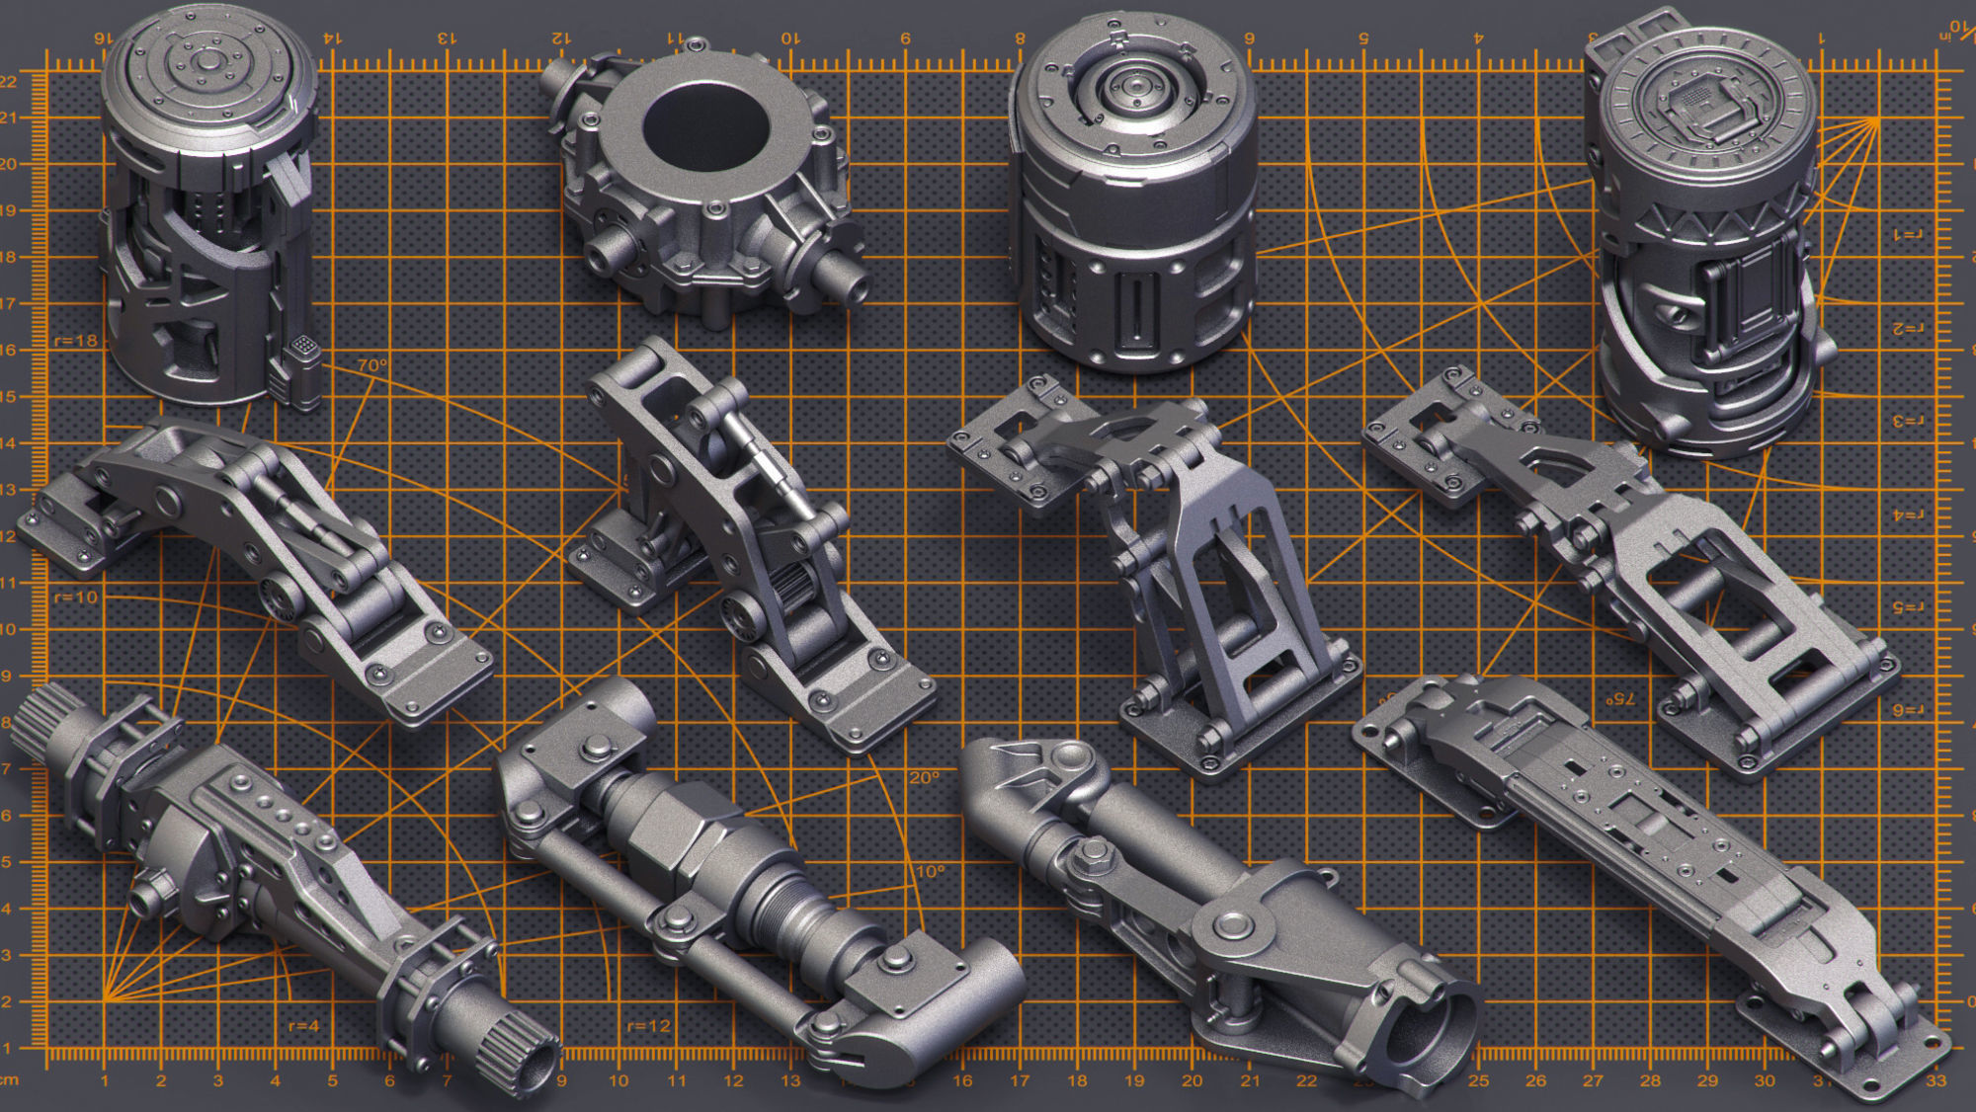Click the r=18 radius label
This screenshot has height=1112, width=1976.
76,341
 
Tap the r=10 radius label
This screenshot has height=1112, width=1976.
76,597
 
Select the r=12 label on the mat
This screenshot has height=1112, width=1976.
649,1026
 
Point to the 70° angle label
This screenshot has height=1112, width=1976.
372,365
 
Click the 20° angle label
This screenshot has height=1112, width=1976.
924,778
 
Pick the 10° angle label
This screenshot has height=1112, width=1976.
930,872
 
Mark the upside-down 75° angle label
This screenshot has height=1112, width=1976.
1619,698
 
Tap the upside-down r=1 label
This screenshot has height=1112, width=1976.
1908,234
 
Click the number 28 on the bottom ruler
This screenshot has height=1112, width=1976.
1650,1081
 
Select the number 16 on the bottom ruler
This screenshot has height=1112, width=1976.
962,1081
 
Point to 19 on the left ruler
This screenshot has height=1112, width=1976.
8,210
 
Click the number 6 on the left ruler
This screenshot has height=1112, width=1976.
6,816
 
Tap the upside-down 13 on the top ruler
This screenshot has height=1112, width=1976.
447,39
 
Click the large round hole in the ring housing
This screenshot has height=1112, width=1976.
705,126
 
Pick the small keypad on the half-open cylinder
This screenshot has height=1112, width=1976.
304,346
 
